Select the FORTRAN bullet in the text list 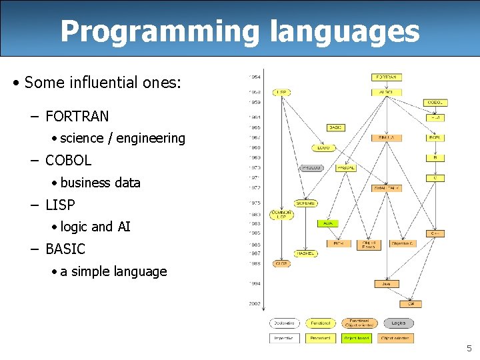tap(77, 116)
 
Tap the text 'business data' tap(100, 183)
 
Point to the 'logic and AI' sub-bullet tap(95, 227)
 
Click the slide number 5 tap(469, 348)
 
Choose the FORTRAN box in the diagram tap(387, 77)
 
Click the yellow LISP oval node tap(283, 92)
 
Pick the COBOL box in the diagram tap(437, 102)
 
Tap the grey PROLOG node tap(311, 168)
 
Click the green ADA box tap(328, 223)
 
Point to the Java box tap(386, 283)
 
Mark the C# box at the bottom tap(411, 303)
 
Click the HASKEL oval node tap(305, 253)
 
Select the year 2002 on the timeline tap(255, 303)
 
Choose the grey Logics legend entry tap(398, 323)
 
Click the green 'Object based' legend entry tap(357, 338)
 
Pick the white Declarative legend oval tap(285, 323)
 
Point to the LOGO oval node tap(324, 147)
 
